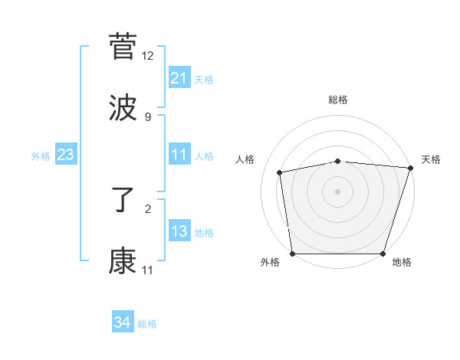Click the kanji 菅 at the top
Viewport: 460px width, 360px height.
[123, 47]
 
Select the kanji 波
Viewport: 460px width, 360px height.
[123, 108]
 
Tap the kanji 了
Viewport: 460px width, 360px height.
[123, 201]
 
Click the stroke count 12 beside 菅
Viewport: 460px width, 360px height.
[148, 55]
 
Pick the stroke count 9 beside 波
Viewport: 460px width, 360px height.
[148, 116]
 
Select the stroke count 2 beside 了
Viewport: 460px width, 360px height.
[148, 208]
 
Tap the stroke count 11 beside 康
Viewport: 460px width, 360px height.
[148, 270]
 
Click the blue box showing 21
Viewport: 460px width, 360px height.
[179, 78]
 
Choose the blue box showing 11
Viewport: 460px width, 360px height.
[179, 155]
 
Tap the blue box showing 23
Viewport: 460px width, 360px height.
[65, 155]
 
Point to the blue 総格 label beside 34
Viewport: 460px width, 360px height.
[147, 324]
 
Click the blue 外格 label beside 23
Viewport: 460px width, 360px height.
[41, 156]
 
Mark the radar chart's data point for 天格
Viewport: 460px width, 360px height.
[410, 168]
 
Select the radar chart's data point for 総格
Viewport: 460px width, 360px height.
[338, 161]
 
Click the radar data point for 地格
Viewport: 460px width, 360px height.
[383, 254]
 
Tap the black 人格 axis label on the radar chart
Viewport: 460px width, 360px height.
[245, 159]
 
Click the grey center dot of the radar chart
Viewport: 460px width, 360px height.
[338, 191]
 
